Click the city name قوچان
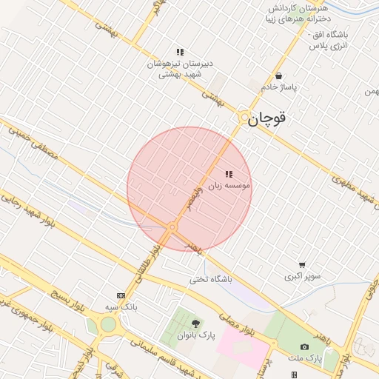(267, 118)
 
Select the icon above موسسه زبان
(228, 175)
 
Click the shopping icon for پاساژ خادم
(278, 76)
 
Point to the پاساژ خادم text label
(278, 87)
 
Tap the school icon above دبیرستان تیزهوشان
(180, 52)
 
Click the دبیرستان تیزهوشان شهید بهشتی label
(180, 70)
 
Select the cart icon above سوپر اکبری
(302, 265)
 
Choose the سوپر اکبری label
(303, 277)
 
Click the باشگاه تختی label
(211, 279)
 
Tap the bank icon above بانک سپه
(121, 295)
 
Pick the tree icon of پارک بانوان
(195, 323)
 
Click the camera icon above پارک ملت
(305, 346)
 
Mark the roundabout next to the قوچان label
(244, 118)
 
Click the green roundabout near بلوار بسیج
(108, 323)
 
